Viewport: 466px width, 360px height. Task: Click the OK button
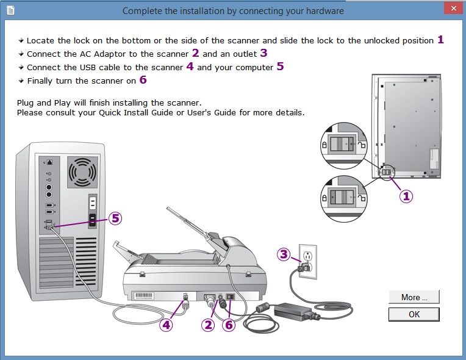(414, 314)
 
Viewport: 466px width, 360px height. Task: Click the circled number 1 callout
(406, 196)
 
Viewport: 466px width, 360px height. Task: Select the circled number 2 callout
(209, 325)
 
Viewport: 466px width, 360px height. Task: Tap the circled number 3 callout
(284, 254)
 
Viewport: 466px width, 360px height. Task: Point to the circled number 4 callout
(167, 325)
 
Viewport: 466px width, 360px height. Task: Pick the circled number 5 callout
(115, 218)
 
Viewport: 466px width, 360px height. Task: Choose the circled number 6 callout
(229, 325)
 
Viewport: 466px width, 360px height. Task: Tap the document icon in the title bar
(10, 10)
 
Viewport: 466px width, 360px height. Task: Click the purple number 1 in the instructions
(440, 40)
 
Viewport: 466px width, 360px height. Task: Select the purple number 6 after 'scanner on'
(143, 80)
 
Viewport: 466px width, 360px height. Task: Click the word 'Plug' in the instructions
(26, 103)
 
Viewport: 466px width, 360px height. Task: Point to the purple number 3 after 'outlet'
(263, 54)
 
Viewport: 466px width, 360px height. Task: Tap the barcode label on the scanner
(146, 295)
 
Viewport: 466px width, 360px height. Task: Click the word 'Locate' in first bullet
(41, 40)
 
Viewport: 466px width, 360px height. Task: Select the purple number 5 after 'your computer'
(280, 67)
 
